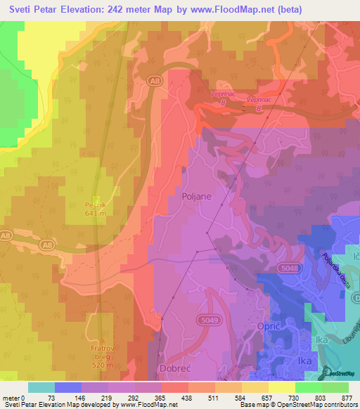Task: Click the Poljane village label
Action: [x=196, y=197]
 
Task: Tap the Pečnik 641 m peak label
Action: [x=98, y=207]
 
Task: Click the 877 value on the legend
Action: [x=347, y=397]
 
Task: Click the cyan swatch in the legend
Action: [x=41, y=387]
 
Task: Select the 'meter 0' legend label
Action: [x=14, y=397]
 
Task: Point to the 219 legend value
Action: [x=106, y=397]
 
